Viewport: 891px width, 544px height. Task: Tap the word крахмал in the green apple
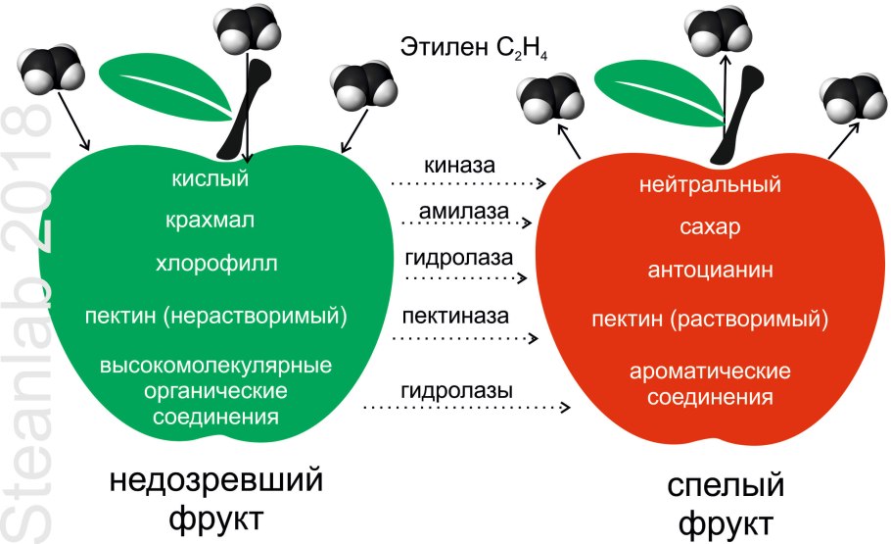[x=211, y=221]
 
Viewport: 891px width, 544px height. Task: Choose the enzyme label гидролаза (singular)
[x=457, y=260]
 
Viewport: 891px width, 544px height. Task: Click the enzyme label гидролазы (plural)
[x=456, y=390]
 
